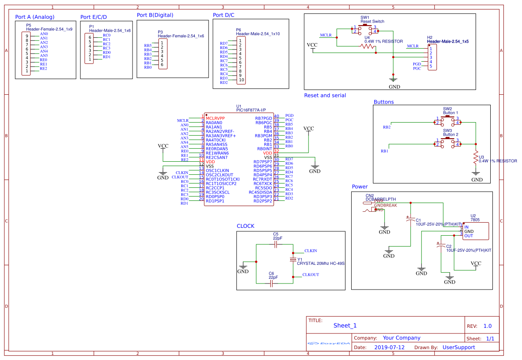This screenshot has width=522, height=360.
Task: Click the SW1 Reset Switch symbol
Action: coord(365,30)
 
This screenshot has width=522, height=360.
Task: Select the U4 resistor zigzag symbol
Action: coord(367,47)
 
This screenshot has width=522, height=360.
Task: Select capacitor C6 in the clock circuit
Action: coord(273,283)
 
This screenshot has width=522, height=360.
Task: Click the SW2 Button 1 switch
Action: coord(448,120)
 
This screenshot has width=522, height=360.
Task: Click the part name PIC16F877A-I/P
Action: coord(251,110)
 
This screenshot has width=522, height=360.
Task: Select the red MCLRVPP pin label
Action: coord(215,118)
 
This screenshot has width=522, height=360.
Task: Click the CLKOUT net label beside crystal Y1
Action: coord(311,275)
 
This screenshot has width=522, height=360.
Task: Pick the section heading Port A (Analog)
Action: coord(35,17)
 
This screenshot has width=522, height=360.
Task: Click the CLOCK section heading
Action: coord(246,226)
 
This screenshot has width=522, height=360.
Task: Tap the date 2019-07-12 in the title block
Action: coord(389,347)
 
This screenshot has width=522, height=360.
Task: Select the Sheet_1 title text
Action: coord(345,326)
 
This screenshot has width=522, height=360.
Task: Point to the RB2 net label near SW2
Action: coord(386,127)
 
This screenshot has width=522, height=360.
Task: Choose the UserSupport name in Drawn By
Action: coord(459,347)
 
